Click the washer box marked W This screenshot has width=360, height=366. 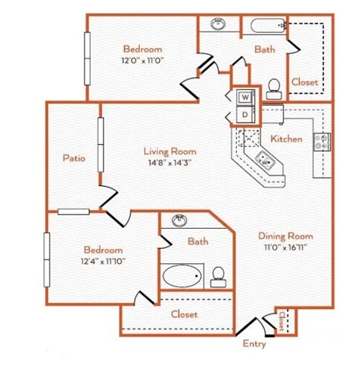[x=245, y=97]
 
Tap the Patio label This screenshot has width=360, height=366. [x=73, y=158]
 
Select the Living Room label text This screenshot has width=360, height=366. [x=166, y=150]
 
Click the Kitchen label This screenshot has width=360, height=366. [x=286, y=138]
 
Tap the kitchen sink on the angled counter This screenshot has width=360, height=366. [x=266, y=158]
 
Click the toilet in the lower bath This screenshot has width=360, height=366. [x=218, y=277]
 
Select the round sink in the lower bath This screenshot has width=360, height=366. [x=180, y=221]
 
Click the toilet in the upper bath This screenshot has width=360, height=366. [x=273, y=86]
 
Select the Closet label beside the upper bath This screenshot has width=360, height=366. [x=304, y=81]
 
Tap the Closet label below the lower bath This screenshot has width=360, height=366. [x=184, y=314]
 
